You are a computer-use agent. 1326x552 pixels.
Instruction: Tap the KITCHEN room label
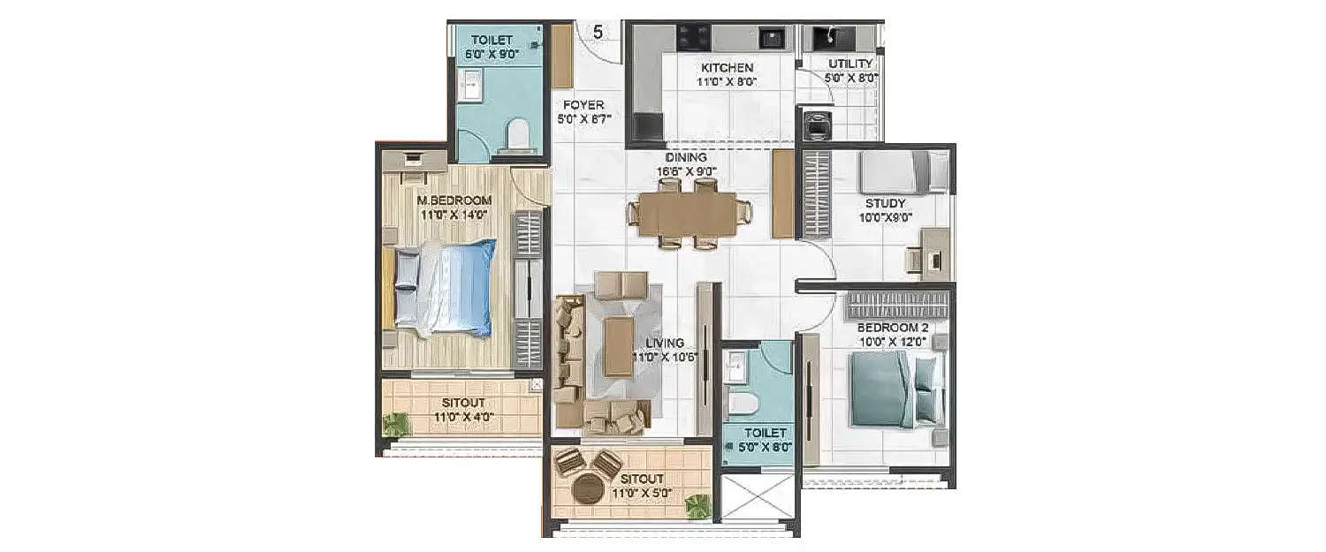click(727, 68)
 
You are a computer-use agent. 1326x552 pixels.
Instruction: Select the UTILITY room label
click(850, 64)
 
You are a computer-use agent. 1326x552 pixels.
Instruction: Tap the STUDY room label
click(885, 203)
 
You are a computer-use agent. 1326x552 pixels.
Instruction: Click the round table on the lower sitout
click(587, 488)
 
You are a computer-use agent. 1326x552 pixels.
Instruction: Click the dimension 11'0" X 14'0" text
click(453, 213)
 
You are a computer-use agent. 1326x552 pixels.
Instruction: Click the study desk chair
click(916, 260)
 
